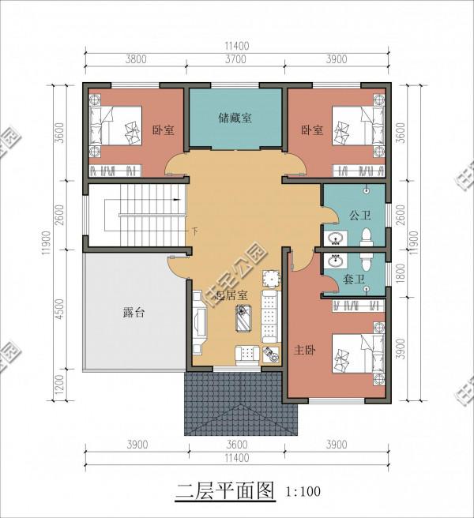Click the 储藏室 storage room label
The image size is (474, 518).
tap(235, 118)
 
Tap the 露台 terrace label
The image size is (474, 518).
tap(134, 313)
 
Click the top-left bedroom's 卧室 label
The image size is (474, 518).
tap(164, 130)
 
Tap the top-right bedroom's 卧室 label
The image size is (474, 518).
tap(312, 130)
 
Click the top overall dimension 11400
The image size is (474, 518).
tap(236, 46)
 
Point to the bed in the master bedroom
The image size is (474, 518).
tap(356, 355)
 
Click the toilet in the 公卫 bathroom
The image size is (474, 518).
tap(366, 237)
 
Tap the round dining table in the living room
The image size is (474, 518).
tap(271, 278)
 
